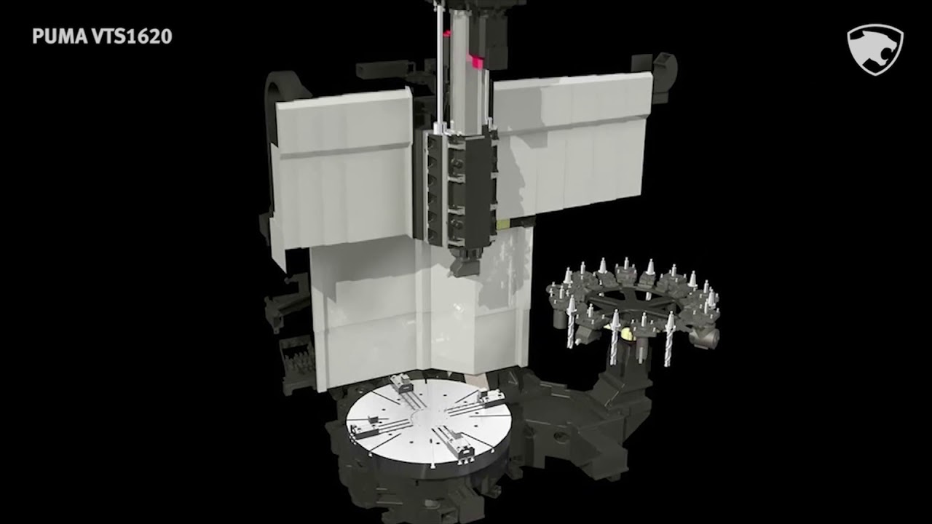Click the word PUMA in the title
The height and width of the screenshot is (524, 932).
(x=60, y=36)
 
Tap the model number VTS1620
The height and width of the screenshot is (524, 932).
(x=132, y=36)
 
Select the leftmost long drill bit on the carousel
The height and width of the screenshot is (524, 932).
(x=571, y=322)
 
